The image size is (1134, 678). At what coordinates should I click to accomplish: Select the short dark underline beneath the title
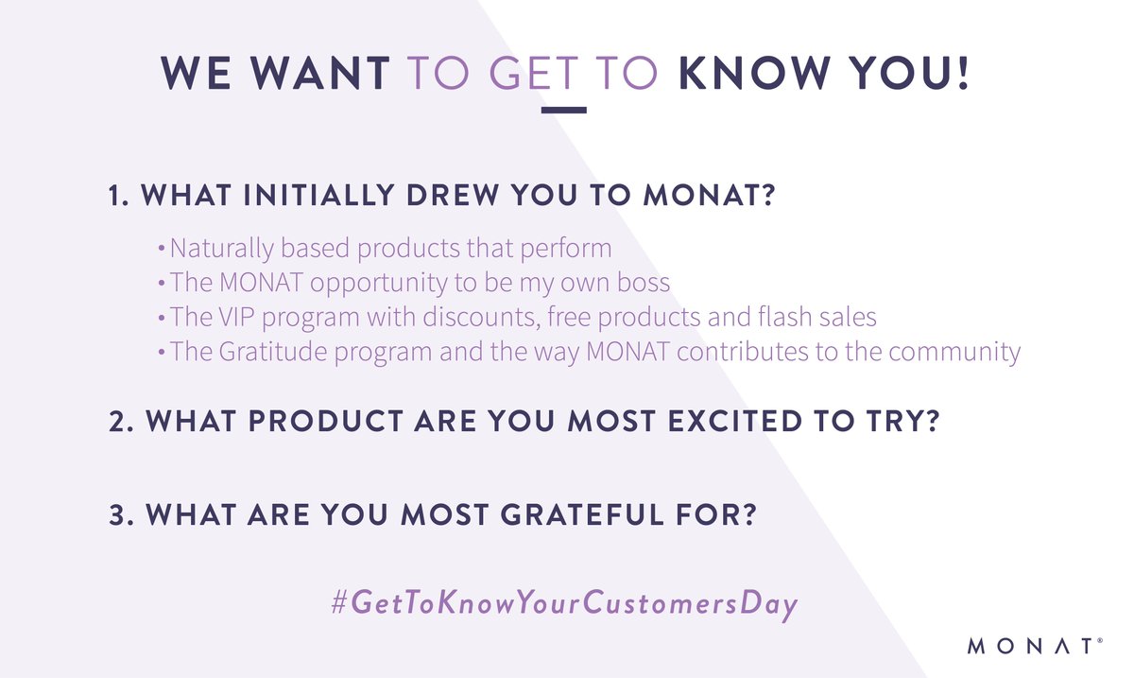pos(563,111)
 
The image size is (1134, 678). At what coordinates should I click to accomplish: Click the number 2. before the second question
pos(120,420)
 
